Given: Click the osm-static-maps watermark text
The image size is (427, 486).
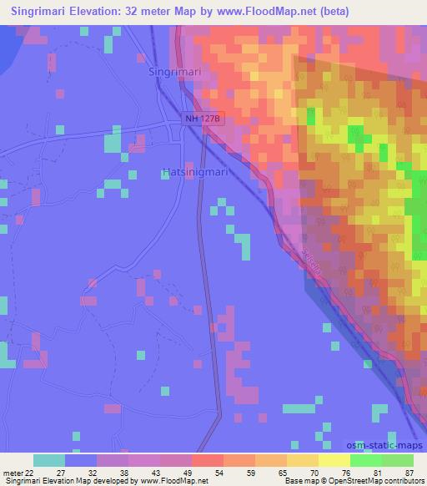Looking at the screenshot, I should (x=384, y=448).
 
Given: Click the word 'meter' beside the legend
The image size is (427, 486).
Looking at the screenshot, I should (x=14, y=472).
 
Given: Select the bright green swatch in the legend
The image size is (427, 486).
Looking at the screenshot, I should (x=366, y=460).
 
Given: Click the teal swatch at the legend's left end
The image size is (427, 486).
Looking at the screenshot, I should (x=48, y=460).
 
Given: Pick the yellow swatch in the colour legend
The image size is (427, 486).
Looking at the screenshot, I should (x=334, y=460).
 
